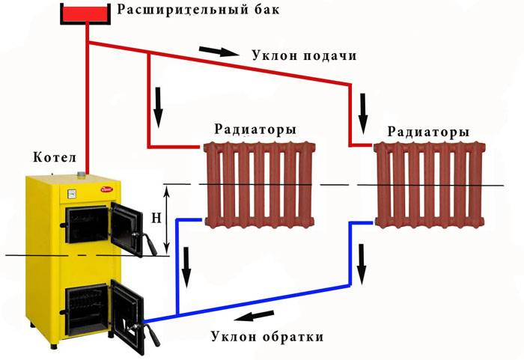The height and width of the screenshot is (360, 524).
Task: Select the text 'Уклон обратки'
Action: tap(267, 336)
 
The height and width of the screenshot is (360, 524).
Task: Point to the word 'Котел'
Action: tap(55, 158)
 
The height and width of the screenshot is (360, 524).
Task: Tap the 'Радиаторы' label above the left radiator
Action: tap(255, 129)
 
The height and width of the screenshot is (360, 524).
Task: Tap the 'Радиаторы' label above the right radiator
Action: tap(429, 132)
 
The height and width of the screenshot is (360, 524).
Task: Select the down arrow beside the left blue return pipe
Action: tap(187, 263)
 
